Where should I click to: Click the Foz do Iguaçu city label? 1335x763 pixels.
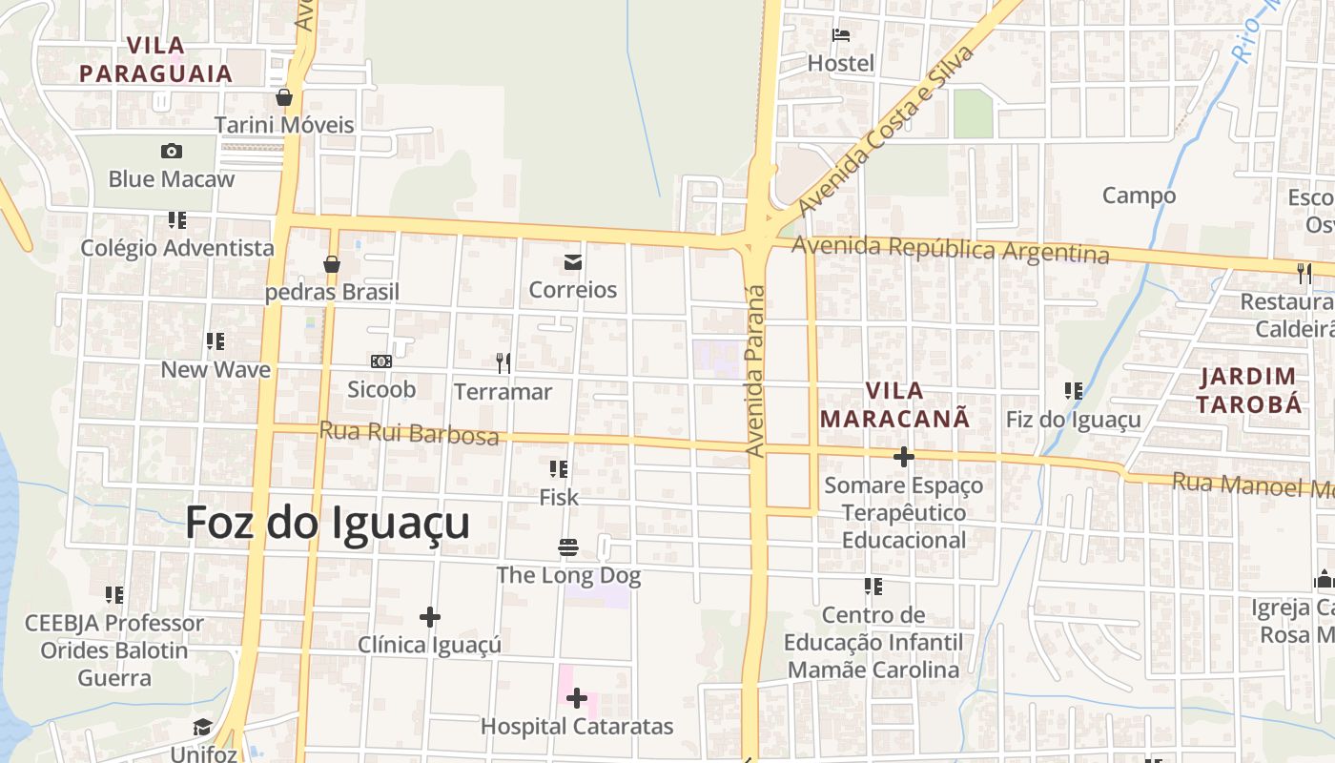[x=327, y=524]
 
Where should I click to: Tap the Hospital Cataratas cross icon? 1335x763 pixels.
[x=576, y=699]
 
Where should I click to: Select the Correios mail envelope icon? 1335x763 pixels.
[x=573, y=262]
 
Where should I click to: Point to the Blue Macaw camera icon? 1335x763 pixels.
[x=172, y=151]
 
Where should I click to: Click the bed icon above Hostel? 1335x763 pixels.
[x=841, y=36]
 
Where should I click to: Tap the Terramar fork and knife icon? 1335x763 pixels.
[x=503, y=362]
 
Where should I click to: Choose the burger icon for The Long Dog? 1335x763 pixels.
[x=568, y=547]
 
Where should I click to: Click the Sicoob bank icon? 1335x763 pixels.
[x=381, y=361]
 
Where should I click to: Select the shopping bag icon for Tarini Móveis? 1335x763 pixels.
[x=283, y=97]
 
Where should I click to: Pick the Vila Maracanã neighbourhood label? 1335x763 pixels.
[x=894, y=404]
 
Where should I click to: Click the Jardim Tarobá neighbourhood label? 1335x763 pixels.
[x=1249, y=390]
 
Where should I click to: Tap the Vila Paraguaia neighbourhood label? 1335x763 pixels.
[x=155, y=59]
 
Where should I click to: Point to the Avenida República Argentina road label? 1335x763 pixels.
[x=951, y=249]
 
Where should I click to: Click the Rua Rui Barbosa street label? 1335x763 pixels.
[x=408, y=433]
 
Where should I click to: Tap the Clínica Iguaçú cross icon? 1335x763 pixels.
[x=430, y=617]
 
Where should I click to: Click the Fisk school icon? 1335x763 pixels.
[x=559, y=469]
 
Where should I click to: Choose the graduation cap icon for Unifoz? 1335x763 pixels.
[x=202, y=729]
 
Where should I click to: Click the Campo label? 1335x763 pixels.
[x=1139, y=196]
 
